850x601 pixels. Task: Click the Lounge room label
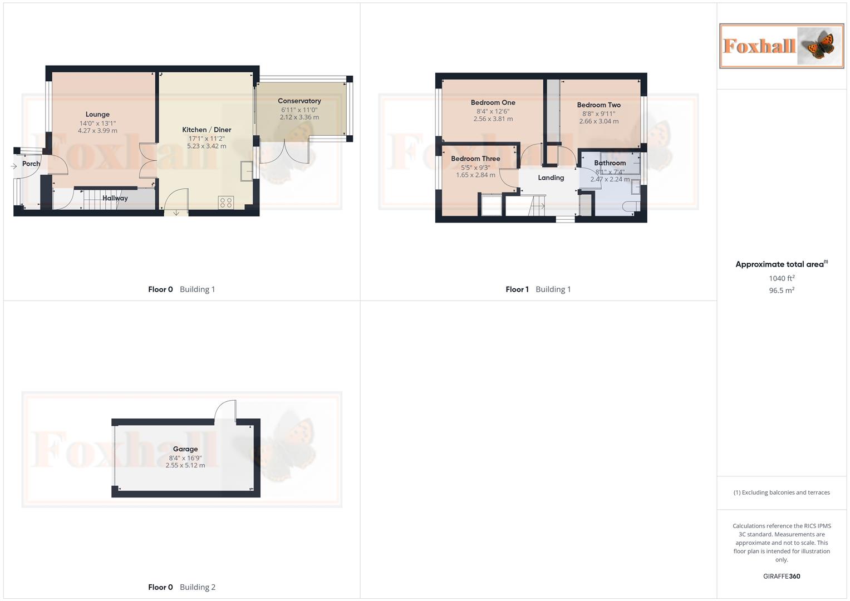pos(97,115)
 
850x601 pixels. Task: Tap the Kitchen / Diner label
pos(207,130)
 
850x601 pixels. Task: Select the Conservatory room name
pos(299,101)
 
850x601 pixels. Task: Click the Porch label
pos(31,164)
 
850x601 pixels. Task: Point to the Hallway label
pos(115,198)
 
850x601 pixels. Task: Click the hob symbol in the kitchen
pos(226,203)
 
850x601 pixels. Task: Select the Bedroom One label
pos(493,102)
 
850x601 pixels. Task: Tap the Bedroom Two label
pos(598,105)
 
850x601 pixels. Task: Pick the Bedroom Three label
pos(475,159)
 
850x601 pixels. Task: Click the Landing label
pos(551,178)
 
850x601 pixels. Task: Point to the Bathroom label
pos(610,163)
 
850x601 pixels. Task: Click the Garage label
pos(185,449)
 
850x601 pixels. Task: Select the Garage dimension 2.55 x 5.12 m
pos(185,465)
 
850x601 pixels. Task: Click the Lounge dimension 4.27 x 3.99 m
pos(97,131)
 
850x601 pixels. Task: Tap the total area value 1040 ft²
pos(782,278)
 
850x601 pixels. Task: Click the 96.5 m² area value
pos(782,290)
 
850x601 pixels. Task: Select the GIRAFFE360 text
pos(782,577)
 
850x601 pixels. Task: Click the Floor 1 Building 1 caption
pos(538,289)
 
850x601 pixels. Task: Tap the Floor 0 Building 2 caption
pos(181,587)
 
